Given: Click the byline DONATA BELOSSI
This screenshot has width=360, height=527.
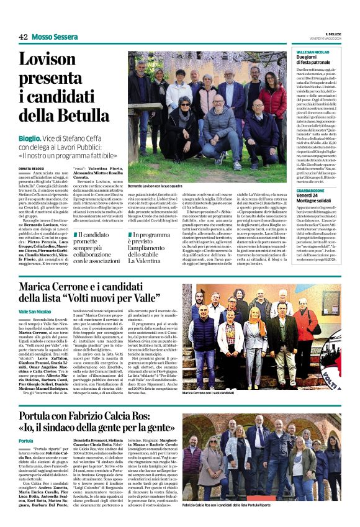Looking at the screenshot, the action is tap(32, 168).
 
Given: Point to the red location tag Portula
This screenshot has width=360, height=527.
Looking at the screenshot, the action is tap(26, 441).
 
